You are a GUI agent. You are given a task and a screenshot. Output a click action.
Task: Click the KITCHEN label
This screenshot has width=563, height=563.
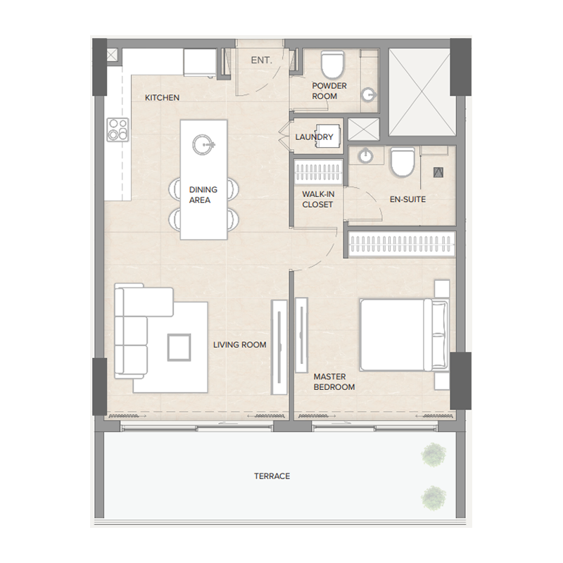click(162, 98)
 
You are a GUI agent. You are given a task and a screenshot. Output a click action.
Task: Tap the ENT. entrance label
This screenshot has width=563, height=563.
click(261, 61)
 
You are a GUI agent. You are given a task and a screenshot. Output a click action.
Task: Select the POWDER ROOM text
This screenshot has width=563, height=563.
click(329, 91)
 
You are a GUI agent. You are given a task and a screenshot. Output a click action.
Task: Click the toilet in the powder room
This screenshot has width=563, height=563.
click(330, 65)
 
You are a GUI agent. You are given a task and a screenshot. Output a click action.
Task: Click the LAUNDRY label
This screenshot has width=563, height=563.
click(314, 137)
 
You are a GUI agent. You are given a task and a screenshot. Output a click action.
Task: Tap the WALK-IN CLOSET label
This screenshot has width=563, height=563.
click(317, 199)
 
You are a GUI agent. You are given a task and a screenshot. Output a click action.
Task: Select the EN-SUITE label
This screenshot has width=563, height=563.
click(407, 199)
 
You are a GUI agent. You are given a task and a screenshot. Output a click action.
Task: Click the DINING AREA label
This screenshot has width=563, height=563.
click(203, 195)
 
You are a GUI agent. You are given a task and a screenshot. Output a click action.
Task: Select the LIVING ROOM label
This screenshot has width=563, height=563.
click(240, 345)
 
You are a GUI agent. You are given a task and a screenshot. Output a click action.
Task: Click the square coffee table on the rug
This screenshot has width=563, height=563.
click(179, 346)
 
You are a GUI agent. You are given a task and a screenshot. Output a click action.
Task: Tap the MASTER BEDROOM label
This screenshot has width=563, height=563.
click(334, 382)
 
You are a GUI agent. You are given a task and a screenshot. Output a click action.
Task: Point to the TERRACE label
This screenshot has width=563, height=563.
click(272, 476)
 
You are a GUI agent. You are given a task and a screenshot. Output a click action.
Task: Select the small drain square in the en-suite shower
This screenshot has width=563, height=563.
click(437, 170)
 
